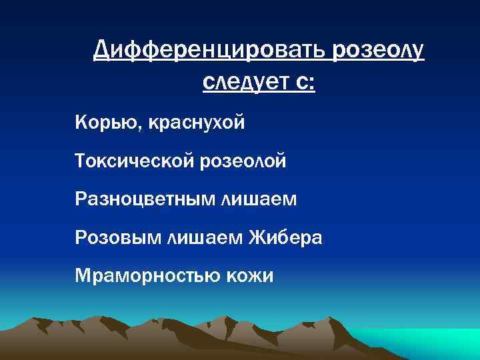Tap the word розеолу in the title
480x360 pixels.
tap(376, 49)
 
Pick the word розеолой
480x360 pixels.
tap(243, 161)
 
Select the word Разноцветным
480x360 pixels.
tap(145, 199)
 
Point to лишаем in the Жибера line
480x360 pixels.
tap(207, 237)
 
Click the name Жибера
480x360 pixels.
tap(287, 237)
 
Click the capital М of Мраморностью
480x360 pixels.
tap(83, 275)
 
